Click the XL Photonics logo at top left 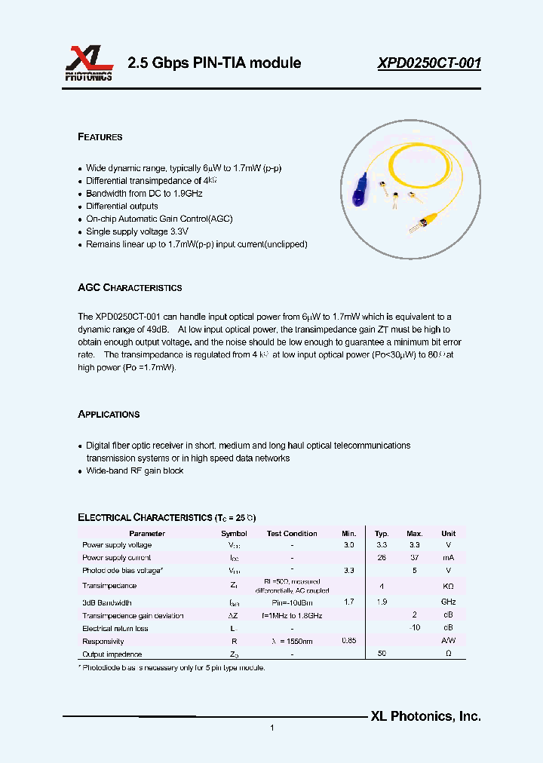tap(88, 63)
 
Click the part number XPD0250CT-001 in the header tap(429, 63)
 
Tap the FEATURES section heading tap(100, 137)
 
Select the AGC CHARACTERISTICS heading tap(130, 288)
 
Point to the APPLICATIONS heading tap(109, 415)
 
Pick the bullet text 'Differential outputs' tap(121, 207)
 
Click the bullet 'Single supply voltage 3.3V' tap(137, 232)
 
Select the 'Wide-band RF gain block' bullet tap(134, 471)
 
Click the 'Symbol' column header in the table tap(234, 534)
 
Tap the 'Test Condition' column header tap(292, 534)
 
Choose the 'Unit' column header tap(448, 534)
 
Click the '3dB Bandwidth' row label tap(107, 603)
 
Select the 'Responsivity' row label tap(103, 642)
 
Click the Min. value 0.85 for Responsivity tap(349, 642)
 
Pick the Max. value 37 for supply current tap(415, 558)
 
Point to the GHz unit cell tap(448, 603)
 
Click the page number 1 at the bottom tap(271, 728)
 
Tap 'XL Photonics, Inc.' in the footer tap(425, 717)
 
